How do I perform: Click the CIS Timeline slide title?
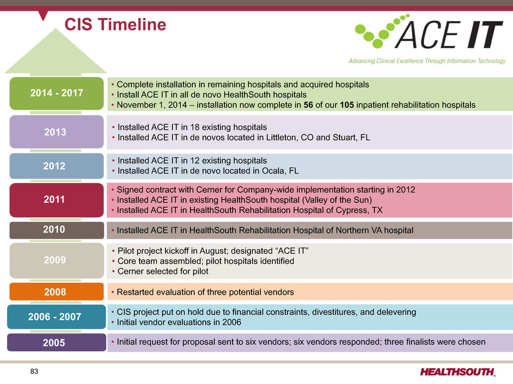tap(115, 25)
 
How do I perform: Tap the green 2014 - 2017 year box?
tap(57, 93)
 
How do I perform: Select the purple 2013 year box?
tap(57, 132)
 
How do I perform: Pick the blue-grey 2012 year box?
tap(57, 166)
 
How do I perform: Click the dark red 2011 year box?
tap(57, 200)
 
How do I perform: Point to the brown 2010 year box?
tap(57, 230)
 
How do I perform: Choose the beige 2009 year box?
tap(57, 260)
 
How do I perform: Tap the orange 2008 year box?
tap(57, 291)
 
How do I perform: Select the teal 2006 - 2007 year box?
tap(56, 317)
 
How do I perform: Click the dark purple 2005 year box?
tap(57, 343)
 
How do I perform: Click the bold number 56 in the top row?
tap(308, 105)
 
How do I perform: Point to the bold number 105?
tap(347, 105)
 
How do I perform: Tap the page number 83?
tap(34, 371)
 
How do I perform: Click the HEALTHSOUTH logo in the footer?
tap(458, 372)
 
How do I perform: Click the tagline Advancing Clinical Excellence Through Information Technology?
tap(427, 61)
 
